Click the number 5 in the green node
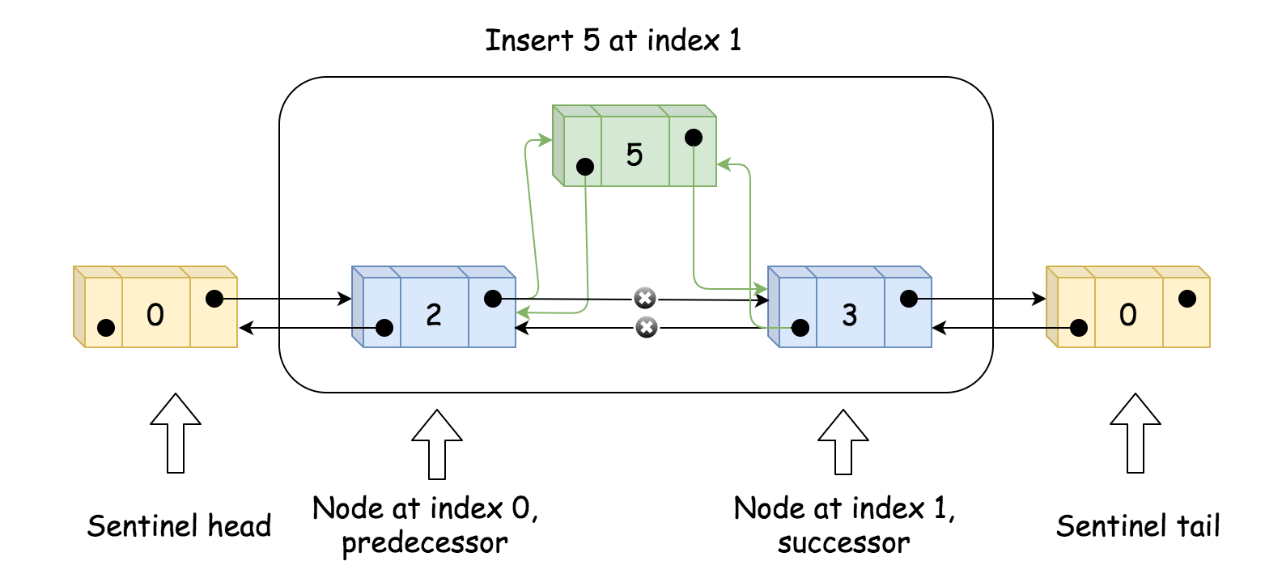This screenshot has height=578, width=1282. click(635, 154)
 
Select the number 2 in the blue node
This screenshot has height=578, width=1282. click(434, 314)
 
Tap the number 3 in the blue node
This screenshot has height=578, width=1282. click(849, 314)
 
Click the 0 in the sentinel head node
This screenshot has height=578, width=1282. click(155, 314)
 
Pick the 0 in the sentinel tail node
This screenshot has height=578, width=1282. click(1128, 314)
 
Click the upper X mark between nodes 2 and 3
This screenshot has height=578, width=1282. click(644, 299)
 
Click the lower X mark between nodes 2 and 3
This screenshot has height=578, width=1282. click(646, 328)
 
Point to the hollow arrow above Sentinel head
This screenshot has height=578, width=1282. click(176, 432)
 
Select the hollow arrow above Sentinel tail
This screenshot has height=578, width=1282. click(1136, 432)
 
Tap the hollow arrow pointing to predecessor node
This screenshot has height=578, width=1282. click(437, 444)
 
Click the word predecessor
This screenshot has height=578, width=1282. click(425, 543)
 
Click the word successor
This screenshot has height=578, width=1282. click(843, 543)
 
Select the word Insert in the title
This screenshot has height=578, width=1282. click(529, 40)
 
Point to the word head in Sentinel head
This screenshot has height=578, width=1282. click(240, 527)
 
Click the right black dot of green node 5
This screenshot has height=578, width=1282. click(694, 138)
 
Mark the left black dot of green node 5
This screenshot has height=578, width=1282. click(585, 167)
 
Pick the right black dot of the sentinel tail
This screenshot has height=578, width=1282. click(1187, 299)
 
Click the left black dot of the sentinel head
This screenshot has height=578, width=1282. click(105, 328)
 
